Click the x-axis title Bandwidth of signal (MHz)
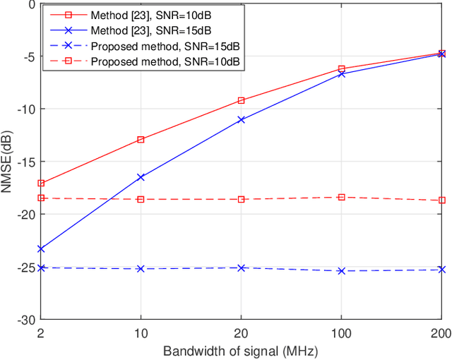(x=241, y=351)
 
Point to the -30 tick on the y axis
(x=25, y=320)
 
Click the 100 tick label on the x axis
(x=342, y=332)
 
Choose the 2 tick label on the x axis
(x=40, y=332)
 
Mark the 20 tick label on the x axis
(x=241, y=332)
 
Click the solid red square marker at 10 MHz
(x=141, y=140)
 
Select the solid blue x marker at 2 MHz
(x=40, y=248)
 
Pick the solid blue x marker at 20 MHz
(x=241, y=120)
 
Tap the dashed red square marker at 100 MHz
(x=342, y=198)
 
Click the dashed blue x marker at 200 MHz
(x=442, y=270)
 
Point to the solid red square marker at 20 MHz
(x=241, y=101)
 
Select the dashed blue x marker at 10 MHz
(x=141, y=269)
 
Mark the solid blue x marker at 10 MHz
(x=141, y=177)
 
